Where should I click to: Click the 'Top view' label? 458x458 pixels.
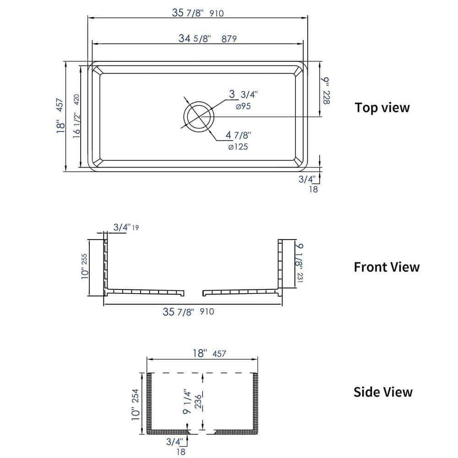(x=382, y=108)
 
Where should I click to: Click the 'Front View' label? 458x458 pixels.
(x=386, y=267)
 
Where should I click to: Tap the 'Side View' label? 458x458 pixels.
(x=382, y=392)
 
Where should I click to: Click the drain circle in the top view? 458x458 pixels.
(x=198, y=116)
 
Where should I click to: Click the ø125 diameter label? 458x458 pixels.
(x=238, y=147)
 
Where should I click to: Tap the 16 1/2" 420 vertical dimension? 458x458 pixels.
(x=76, y=117)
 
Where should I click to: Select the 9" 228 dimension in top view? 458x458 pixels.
(x=326, y=91)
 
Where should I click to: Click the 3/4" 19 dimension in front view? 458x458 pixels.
(x=126, y=228)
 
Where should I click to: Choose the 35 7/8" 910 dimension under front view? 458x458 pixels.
(x=188, y=312)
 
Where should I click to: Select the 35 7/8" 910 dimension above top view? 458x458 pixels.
(x=197, y=13)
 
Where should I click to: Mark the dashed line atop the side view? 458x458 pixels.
(x=202, y=373)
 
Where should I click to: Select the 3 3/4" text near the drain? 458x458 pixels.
(x=244, y=95)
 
